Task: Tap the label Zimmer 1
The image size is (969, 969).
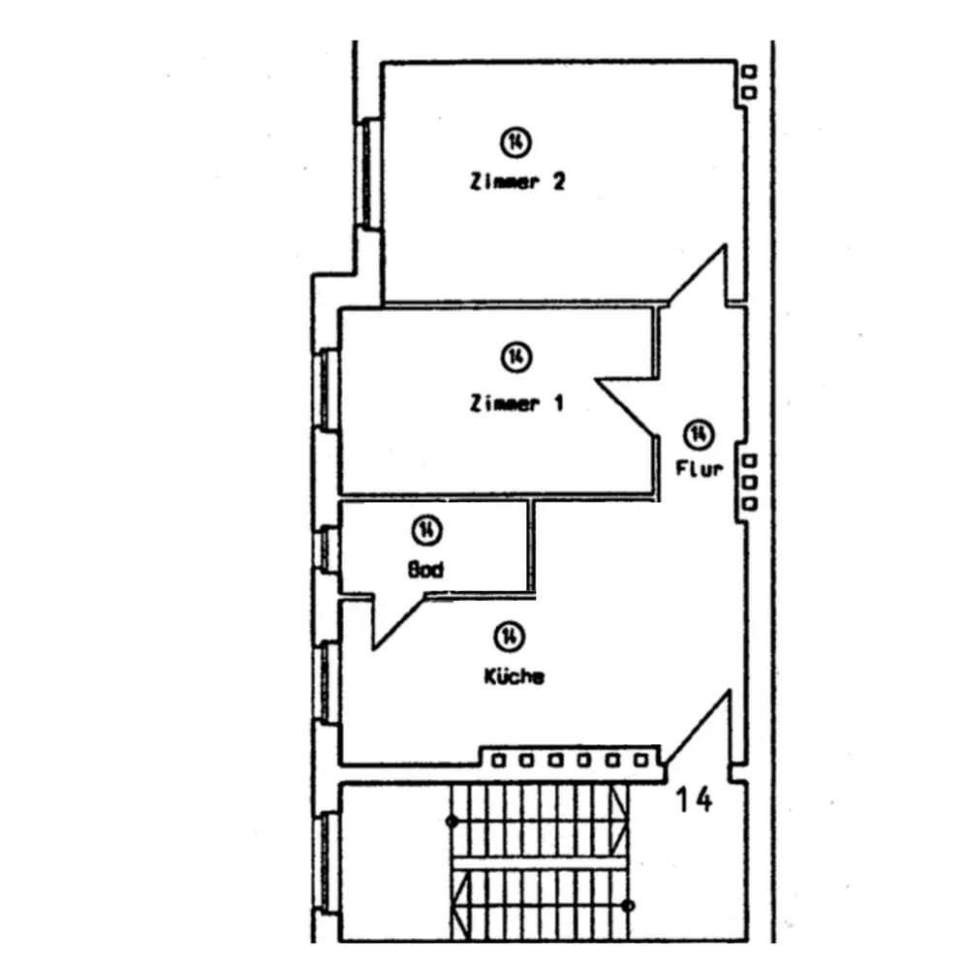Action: (516, 403)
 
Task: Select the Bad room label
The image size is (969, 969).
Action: (426, 570)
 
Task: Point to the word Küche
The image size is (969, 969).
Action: (514, 676)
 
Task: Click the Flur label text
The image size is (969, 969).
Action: (700, 470)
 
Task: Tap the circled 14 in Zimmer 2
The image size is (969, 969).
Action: (516, 141)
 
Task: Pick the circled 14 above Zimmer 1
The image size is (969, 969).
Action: (516, 357)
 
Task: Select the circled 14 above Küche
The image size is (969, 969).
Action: (508, 636)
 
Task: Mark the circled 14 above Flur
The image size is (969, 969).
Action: (699, 432)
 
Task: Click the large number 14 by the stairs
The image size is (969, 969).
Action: (694, 800)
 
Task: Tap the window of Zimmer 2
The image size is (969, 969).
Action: (367, 172)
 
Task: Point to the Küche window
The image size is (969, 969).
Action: (328, 682)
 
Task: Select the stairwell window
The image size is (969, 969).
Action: (328, 863)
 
